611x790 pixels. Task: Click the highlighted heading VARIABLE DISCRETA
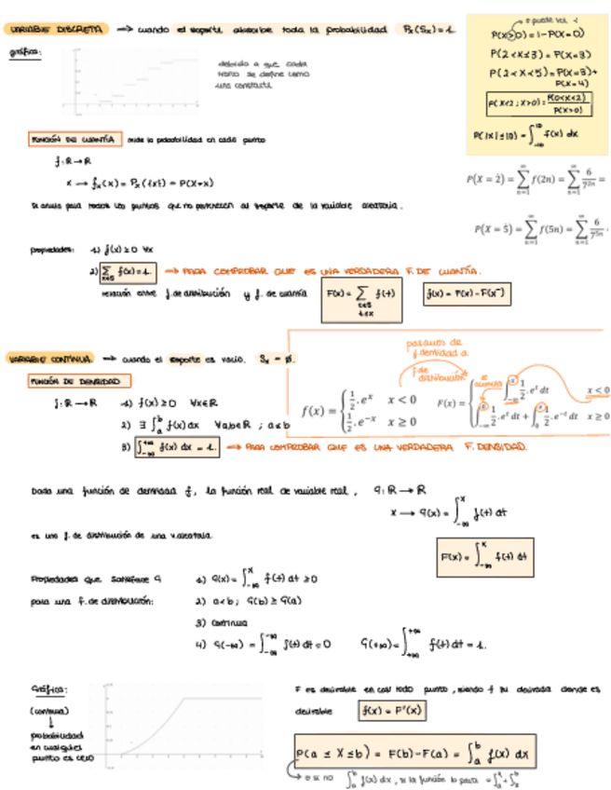coord(57,31)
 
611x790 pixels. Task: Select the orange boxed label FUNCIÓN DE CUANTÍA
coord(75,140)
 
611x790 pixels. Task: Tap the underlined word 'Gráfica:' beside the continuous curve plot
coord(49,689)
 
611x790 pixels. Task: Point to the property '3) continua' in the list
coord(222,621)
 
